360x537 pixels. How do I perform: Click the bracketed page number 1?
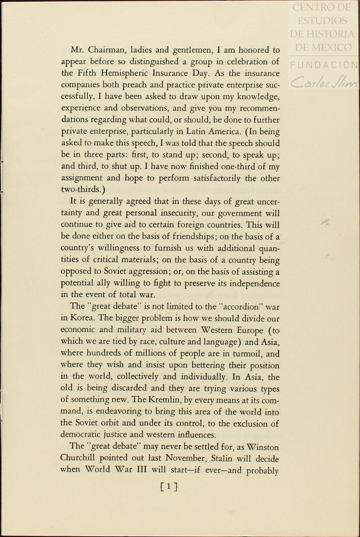(x=169, y=487)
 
